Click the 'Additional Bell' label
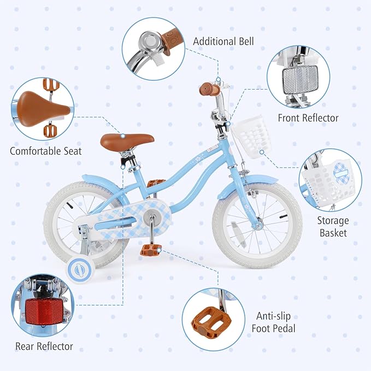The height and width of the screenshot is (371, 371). [223, 41]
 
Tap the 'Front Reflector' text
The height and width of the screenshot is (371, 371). [308, 118]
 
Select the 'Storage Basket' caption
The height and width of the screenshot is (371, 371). [332, 227]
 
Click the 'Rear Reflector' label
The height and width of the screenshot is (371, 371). [44, 346]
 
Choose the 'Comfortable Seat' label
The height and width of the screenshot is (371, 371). [46, 150]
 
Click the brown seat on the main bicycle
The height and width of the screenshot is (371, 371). [127, 140]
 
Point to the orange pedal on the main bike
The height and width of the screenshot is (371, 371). [149, 250]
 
